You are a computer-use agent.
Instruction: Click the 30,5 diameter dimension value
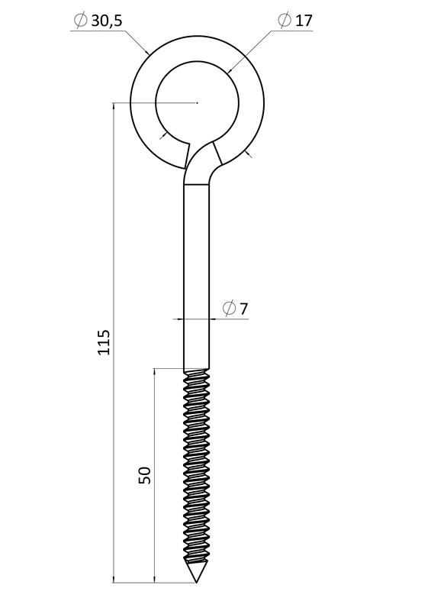tap(107, 21)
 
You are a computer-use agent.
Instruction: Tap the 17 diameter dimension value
tap(304, 21)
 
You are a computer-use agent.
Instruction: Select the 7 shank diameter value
tap(244, 309)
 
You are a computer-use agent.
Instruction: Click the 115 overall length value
tap(104, 342)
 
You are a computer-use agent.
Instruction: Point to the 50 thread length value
tap(144, 475)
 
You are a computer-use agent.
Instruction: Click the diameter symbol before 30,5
tap(80, 21)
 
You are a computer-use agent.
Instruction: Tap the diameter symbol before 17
tap(285, 20)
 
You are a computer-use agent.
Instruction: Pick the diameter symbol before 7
tap(229, 309)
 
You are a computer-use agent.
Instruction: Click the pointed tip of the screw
tap(196, 583)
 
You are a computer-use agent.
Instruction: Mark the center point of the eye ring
tap(198, 102)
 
